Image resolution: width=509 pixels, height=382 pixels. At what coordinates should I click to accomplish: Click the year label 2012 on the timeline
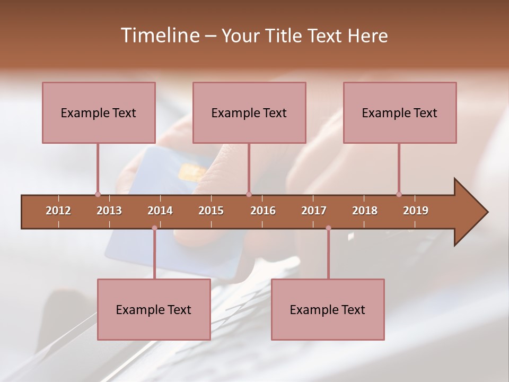[58, 211]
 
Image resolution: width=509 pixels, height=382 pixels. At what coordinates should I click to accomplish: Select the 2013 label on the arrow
[109, 211]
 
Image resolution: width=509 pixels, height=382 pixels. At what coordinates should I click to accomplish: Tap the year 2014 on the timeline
[160, 211]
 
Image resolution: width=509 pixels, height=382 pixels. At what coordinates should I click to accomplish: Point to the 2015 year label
[211, 211]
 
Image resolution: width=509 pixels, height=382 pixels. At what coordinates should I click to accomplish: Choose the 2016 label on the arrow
[263, 211]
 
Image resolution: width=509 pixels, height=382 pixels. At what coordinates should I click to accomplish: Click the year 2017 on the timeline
[314, 211]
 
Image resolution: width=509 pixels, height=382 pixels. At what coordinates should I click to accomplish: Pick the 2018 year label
[365, 211]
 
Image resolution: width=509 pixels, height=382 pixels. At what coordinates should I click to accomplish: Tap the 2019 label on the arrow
[416, 211]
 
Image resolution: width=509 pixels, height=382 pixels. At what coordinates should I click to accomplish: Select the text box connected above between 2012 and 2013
[99, 112]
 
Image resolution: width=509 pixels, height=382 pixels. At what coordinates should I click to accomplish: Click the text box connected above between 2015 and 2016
[249, 112]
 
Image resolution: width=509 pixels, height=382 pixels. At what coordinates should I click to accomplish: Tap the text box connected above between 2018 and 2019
[400, 112]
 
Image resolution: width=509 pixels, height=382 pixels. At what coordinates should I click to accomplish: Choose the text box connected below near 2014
[154, 309]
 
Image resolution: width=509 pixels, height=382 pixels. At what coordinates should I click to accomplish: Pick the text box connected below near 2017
[328, 309]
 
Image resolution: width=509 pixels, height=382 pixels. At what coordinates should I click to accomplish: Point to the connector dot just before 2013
[98, 194]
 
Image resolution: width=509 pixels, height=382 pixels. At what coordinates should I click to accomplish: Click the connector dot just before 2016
[249, 194]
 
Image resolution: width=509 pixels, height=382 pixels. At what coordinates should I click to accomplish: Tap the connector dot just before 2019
[399, 194]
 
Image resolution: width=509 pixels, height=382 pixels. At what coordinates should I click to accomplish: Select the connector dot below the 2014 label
[154, 228]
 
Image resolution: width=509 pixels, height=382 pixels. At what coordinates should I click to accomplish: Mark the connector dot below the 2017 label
[328, 228]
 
